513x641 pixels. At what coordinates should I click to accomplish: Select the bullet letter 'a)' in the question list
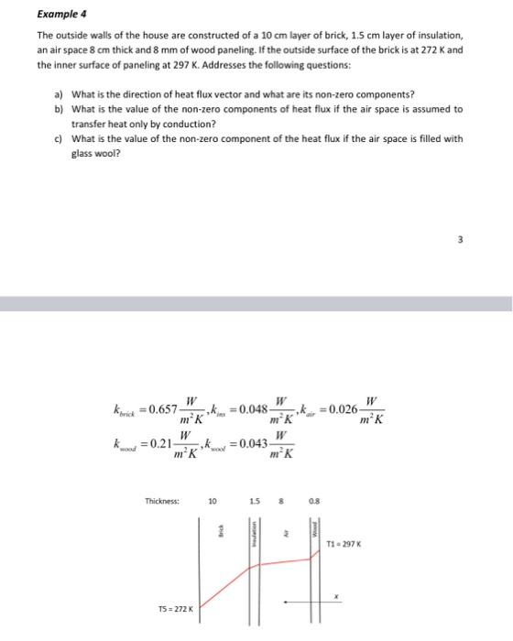tap(58, 94)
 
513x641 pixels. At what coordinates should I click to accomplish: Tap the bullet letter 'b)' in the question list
tap(58, 108)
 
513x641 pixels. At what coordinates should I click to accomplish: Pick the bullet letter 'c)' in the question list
tap(58, 139)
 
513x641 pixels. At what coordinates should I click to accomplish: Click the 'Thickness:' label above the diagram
tap(162, 501)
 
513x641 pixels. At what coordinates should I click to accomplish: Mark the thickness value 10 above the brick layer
tap(213, 501)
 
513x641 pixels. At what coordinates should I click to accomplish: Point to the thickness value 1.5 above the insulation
tap(259, 501)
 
